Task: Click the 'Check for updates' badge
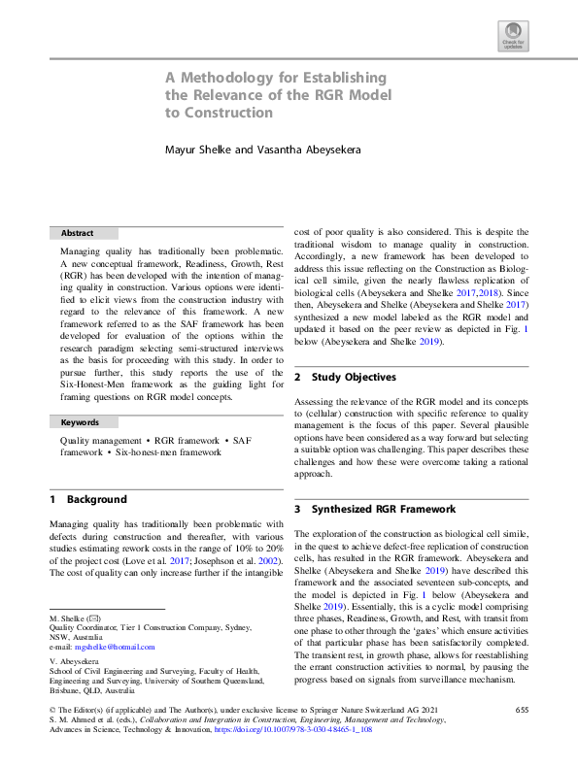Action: pos(512,38)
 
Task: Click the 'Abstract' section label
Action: pos(77,233)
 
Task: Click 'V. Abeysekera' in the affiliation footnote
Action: pos(77,664)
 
